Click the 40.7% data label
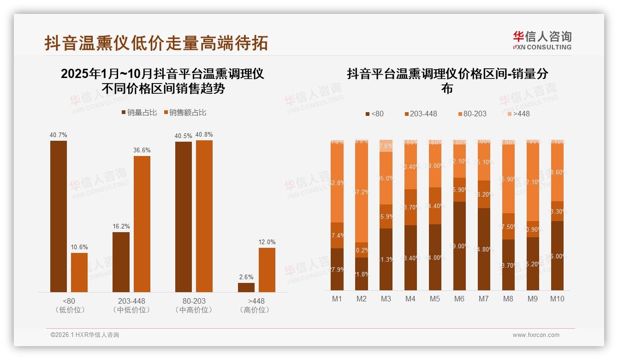59,135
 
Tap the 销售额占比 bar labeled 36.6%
142,224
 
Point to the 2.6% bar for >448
246,287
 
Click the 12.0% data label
267,242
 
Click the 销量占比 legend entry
139,113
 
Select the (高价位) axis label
255,310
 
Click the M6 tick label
459,299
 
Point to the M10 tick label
557,299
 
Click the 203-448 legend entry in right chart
421,114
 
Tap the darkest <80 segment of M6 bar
459,246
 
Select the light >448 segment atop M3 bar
386,145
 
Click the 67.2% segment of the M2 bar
362,192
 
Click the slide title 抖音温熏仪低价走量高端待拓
156,43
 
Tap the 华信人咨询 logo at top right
542,40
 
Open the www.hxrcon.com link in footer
536,335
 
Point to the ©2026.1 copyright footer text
85,335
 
